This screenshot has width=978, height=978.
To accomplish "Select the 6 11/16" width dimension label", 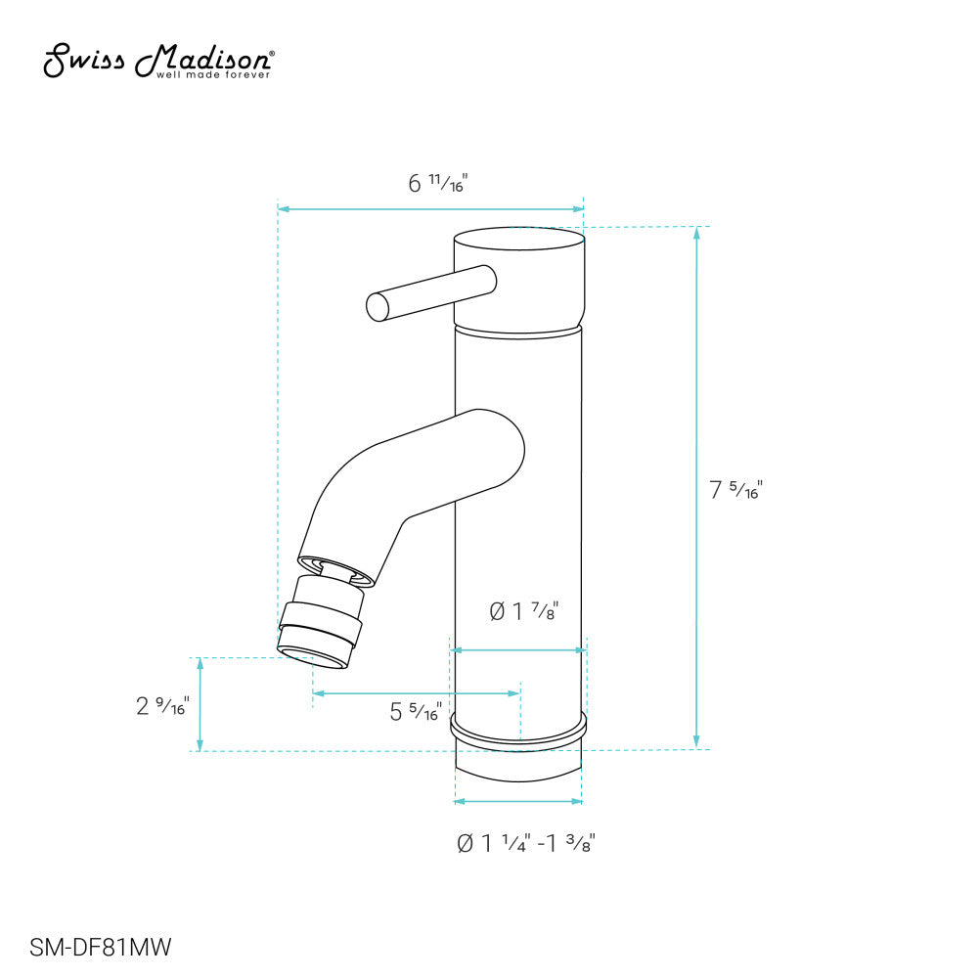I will click(x=438, y=183).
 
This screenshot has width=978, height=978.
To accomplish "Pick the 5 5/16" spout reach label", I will click(x=416, y=712).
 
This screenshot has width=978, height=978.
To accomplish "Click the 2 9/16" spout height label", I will click(x=162, y=705).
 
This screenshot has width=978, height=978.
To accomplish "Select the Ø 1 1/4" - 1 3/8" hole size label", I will click(x=526, y=843).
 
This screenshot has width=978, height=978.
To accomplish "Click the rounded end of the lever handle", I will click(x=378, y=306).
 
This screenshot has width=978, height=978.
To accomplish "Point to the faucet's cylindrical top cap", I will click(x=519, y=276).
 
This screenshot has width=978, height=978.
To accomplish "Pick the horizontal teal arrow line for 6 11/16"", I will click(x=430, y=208).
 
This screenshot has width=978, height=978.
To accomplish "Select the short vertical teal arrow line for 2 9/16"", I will click(x=200, y=704).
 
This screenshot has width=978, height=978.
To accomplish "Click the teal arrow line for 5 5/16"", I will click(x=416, y=693).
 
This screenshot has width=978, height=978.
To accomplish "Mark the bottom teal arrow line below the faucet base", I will click(x=518, y=801).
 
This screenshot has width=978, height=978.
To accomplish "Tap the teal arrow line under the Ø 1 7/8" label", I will click(x=518, y=649).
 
